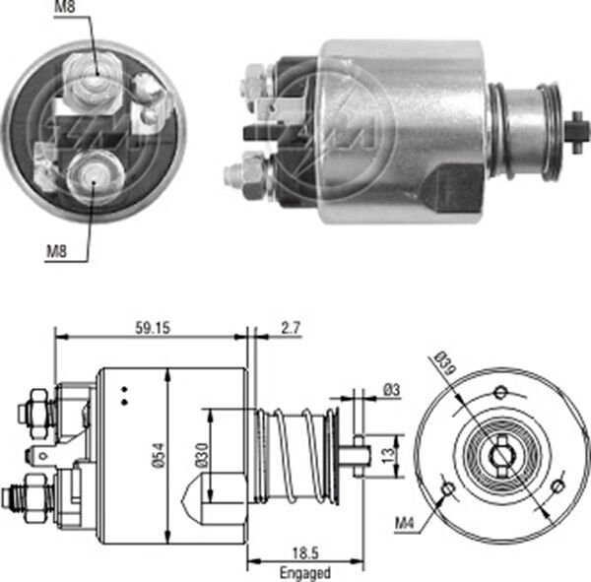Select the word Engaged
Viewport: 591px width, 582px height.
[303, 572]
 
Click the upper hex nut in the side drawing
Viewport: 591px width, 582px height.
[36, 403]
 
